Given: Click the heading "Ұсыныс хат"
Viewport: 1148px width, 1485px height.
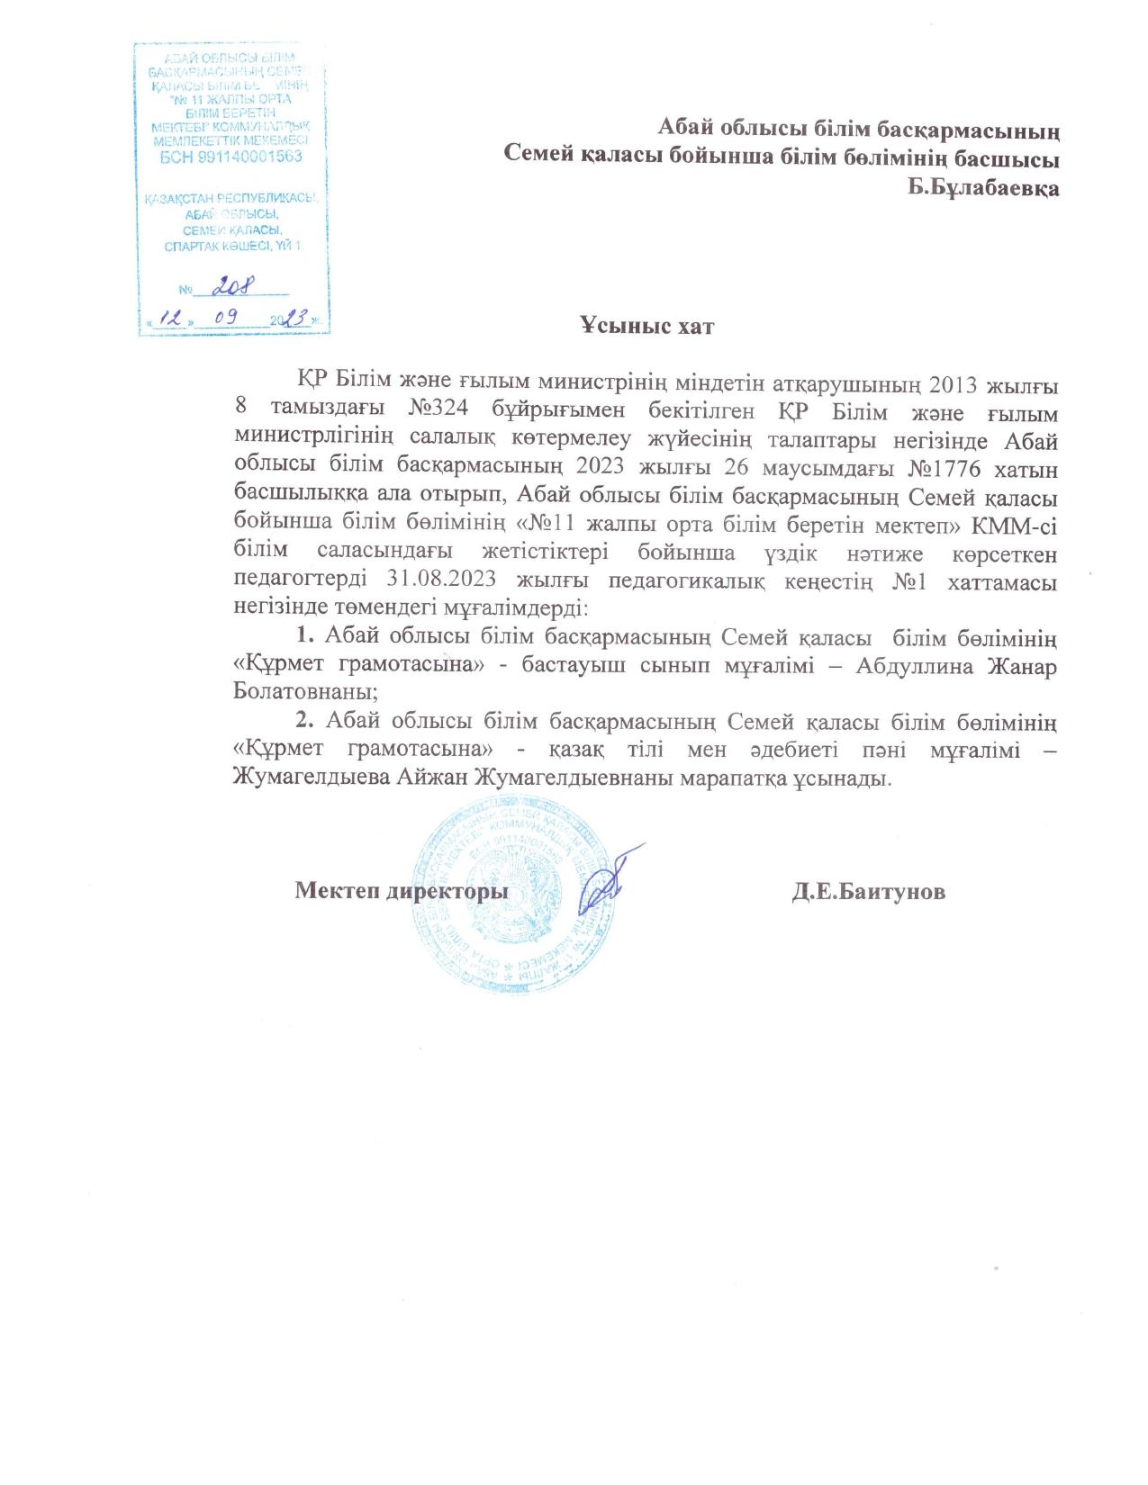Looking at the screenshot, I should [x=646, y=327].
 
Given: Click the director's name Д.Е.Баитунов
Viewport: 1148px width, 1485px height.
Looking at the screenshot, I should [x=868, y=892].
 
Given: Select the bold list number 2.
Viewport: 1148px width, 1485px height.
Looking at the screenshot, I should [x=305, y=720].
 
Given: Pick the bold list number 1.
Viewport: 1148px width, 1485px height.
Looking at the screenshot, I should [x=304, y=637].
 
